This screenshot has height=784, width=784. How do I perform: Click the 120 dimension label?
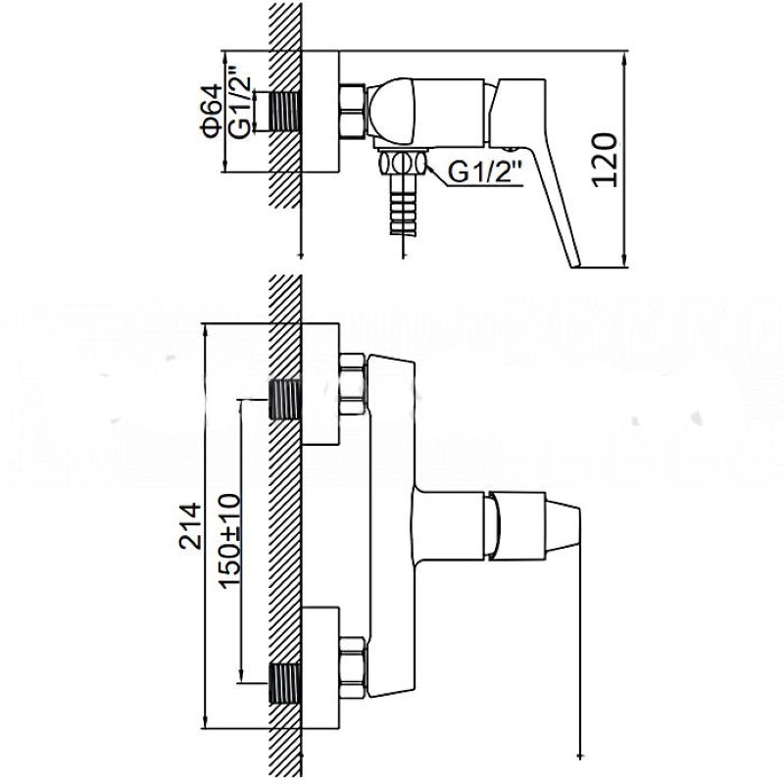click(604, 160)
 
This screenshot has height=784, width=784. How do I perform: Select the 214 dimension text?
click(190, 526)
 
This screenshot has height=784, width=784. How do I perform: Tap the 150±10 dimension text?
click(230, 541)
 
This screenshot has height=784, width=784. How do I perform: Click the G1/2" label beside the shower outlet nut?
click(485, 172)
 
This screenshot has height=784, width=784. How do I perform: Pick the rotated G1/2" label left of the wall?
click(240, 102)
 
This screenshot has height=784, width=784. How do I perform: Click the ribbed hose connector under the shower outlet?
click(404, 205)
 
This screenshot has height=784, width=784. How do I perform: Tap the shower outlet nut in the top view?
click(403, 163)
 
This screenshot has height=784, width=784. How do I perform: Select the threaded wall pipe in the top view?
click(285, 112)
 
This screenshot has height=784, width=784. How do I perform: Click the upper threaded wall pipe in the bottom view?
click(285, 399)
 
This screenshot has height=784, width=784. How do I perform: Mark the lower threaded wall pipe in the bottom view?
click(285, 683)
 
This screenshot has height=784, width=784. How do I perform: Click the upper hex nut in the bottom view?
click(353, 384)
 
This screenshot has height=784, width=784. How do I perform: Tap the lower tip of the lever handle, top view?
click(575, 266)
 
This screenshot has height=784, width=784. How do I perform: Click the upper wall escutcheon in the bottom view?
click(320, 383)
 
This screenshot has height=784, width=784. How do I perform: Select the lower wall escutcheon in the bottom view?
click(320, 667)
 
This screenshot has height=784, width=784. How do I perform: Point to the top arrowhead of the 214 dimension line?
click(204, 330)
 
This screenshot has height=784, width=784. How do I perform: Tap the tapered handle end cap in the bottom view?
click(562, 525)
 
